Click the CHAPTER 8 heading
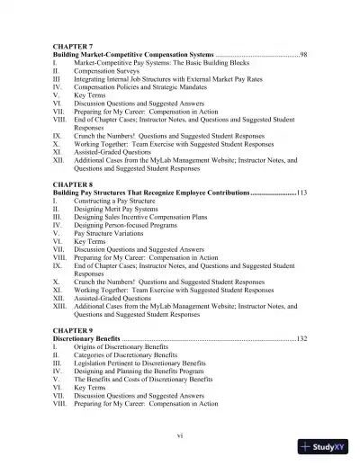coord(76,184)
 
